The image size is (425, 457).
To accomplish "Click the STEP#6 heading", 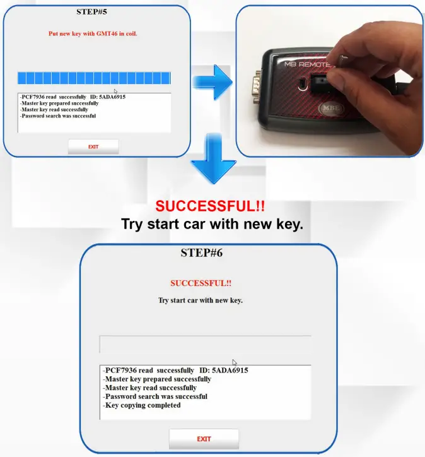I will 201,253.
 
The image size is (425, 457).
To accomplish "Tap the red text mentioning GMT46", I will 93,33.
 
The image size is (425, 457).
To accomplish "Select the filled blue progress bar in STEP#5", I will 94,78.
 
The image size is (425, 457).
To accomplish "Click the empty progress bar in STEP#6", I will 205,345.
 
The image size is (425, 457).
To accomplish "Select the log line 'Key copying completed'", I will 143,405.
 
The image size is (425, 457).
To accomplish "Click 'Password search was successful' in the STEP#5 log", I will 58,116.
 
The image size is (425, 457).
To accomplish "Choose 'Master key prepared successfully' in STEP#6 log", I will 158,379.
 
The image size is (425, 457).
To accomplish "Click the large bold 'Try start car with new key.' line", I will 212,223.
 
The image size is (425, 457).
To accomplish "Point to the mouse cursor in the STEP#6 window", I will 235,362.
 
